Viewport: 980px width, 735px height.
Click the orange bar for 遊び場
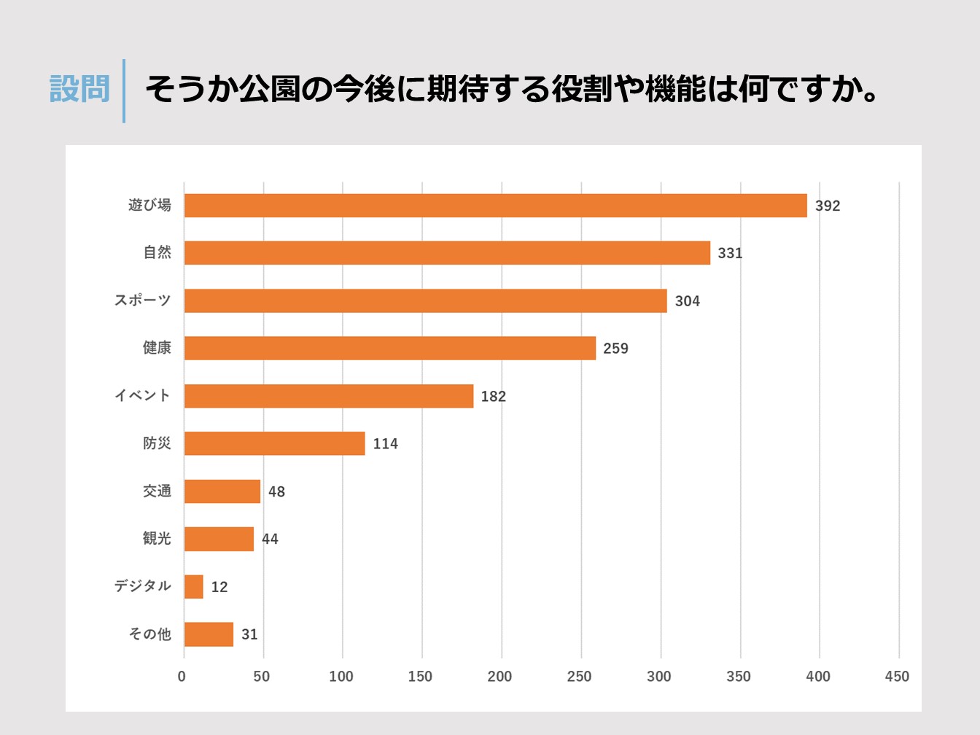coord(495,206)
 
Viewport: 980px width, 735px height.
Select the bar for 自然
coord(447,253)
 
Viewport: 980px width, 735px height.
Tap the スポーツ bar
coord(425,300)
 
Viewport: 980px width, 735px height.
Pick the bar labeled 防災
coord(274,443)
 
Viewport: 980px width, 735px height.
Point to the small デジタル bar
coord(193,586)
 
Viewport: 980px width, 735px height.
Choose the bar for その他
coord(209,634)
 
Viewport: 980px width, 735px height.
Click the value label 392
coord(828,206)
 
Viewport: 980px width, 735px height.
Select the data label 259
coord(615,349)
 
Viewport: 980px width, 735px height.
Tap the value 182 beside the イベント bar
coord(493,396)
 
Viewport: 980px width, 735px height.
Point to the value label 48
coord(276,491)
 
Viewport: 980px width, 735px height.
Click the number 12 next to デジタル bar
coord(219,587)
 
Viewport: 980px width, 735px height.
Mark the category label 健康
coord(157,348)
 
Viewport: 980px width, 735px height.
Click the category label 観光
coord(157,539)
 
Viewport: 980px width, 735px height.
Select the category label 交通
coord(157,491)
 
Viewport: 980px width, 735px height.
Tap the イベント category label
coord(142,395)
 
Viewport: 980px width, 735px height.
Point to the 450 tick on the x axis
coord(897,677)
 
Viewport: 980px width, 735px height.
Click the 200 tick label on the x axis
coord(499,677)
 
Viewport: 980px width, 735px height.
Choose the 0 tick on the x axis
coord(182,677)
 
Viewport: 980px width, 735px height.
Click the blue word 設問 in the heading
coord(79,90)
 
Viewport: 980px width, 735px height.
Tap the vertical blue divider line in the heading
coord(124,91)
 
